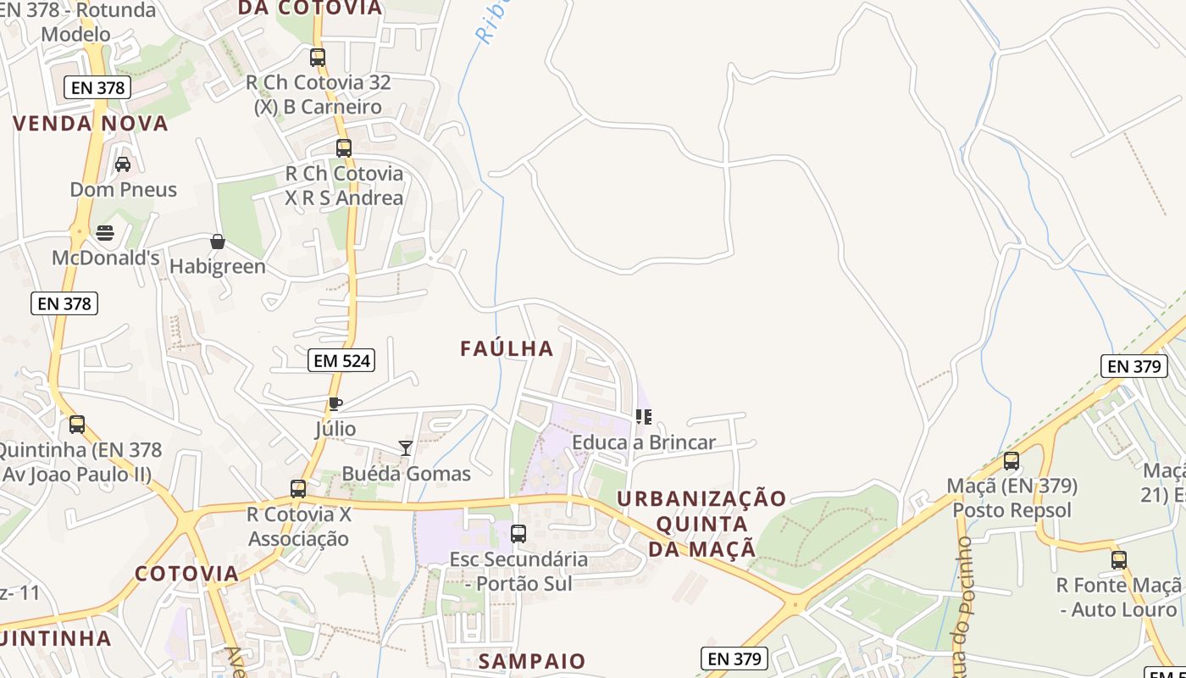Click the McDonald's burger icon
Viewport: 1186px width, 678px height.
tap(105, 232)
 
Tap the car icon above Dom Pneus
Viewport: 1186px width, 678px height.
tap(123, 164)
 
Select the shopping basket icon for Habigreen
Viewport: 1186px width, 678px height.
tap(218, 242)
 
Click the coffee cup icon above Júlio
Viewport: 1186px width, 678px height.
tap(335, 403)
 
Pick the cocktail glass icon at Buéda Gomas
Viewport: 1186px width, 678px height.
tap(406, 447)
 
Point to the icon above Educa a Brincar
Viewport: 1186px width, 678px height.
tap(644, 416)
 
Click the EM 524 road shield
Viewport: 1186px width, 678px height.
tap(341, 360)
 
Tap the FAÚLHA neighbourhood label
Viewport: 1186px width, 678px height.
tap(507, 348)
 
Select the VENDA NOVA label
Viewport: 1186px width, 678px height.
tap(91, 124)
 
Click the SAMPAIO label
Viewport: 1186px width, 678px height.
tap(532, 661)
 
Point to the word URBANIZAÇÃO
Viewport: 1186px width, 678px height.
tap(701, 498)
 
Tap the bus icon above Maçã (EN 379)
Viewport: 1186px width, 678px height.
tap(1011, 461)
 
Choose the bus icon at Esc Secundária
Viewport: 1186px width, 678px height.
tap(518, 534)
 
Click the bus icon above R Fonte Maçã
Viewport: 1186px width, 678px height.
tap(1119, 559)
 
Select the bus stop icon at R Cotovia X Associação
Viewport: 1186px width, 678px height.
tap(298, 489)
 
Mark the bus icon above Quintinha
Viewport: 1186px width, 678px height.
tap(77, 425)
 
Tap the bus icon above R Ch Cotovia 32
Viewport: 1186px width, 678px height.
tap(318, 58)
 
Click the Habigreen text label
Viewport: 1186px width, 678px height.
tap(218, 267)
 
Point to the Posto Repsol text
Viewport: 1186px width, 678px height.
tap(1011, 510)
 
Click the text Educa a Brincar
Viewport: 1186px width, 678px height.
tap(644, 442)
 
